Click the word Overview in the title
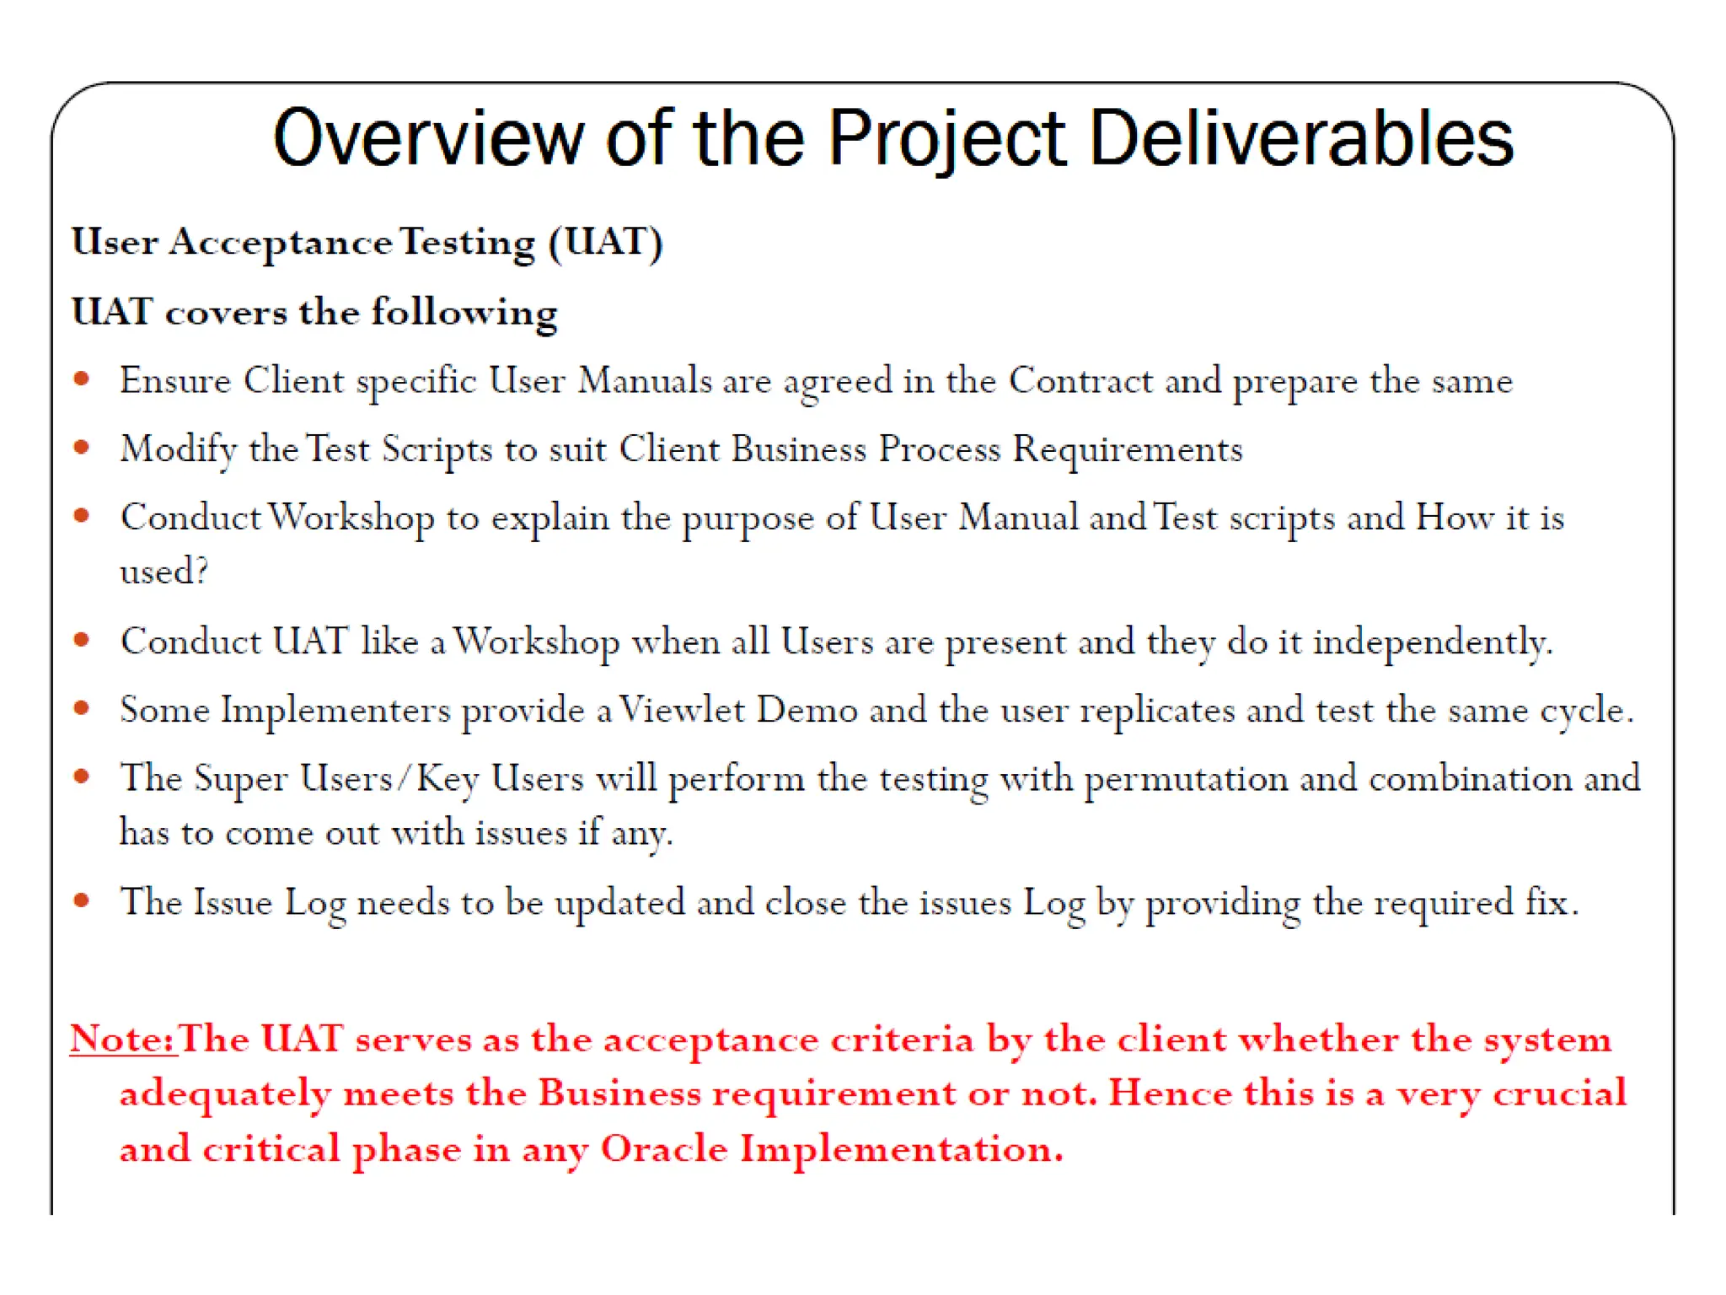(x=428, y=138)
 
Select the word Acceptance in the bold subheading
(x=281, y=243)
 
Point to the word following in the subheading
(x=464, y=313)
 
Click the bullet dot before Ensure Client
(x=82, y=379)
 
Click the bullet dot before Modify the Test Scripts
(x=82, y=448)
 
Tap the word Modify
(x=178, y=449)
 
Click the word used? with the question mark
(x=163, y=572)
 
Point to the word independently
(x=1432, y=643)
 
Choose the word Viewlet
(x=682, y=710)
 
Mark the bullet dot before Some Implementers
(x=82, y=709)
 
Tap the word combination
(x=1470, y=779)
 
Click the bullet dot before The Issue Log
(x=82, y=901)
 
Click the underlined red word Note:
(x=123, y=1039)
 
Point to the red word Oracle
(x=663, y=1149)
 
